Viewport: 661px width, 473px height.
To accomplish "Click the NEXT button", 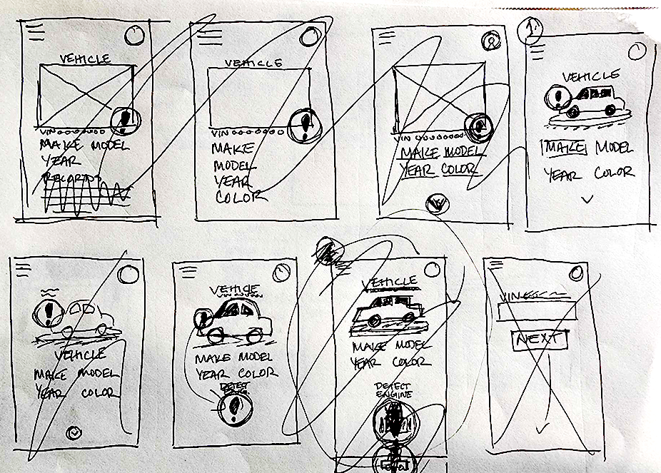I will [x=540, y=340].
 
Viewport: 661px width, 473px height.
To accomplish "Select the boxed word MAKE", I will [x=563, y=148].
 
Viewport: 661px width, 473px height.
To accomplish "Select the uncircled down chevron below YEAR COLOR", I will [x=587, y=200].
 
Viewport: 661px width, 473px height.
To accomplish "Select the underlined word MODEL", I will [x=465, y=151].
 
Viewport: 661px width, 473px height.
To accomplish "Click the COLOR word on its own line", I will [x=236, y=197].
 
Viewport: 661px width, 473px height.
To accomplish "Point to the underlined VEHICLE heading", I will [x=390, y=283].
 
